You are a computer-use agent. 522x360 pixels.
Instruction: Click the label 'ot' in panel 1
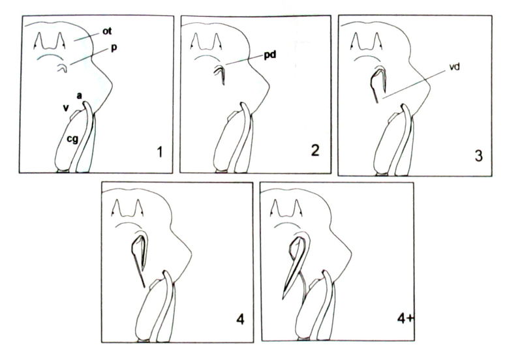click(x=107, y=31)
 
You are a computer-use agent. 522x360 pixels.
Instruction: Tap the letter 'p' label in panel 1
click(x=114, y=48)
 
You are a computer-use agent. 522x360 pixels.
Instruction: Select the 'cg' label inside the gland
click(x=72, y=139)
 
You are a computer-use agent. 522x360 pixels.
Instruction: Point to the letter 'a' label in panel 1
click(x=79, y=96)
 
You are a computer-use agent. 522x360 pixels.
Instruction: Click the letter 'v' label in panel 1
click(x=66, y=108)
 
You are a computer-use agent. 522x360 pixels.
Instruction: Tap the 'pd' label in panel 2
click(x=270, y=55)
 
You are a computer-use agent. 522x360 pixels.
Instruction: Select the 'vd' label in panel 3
click(x=454, y=67)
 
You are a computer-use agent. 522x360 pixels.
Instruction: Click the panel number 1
click(x=160, y=152)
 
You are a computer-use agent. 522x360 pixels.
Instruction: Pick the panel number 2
click(x=315, y=151)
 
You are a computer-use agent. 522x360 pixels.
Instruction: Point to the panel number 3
click(x=478, y=155)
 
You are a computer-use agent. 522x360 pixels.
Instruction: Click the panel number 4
click(x=240, y=320)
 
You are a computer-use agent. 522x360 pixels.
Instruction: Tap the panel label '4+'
click(x=405, y=318)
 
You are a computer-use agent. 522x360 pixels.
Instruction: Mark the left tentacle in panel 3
click(x=356, y=41)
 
